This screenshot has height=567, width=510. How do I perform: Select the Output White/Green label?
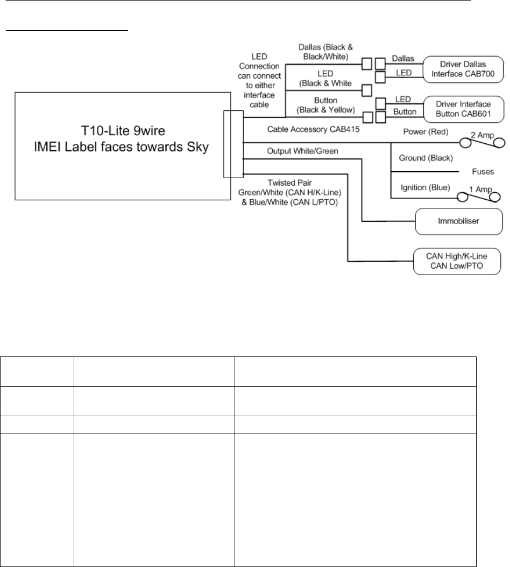pos(302,151)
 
